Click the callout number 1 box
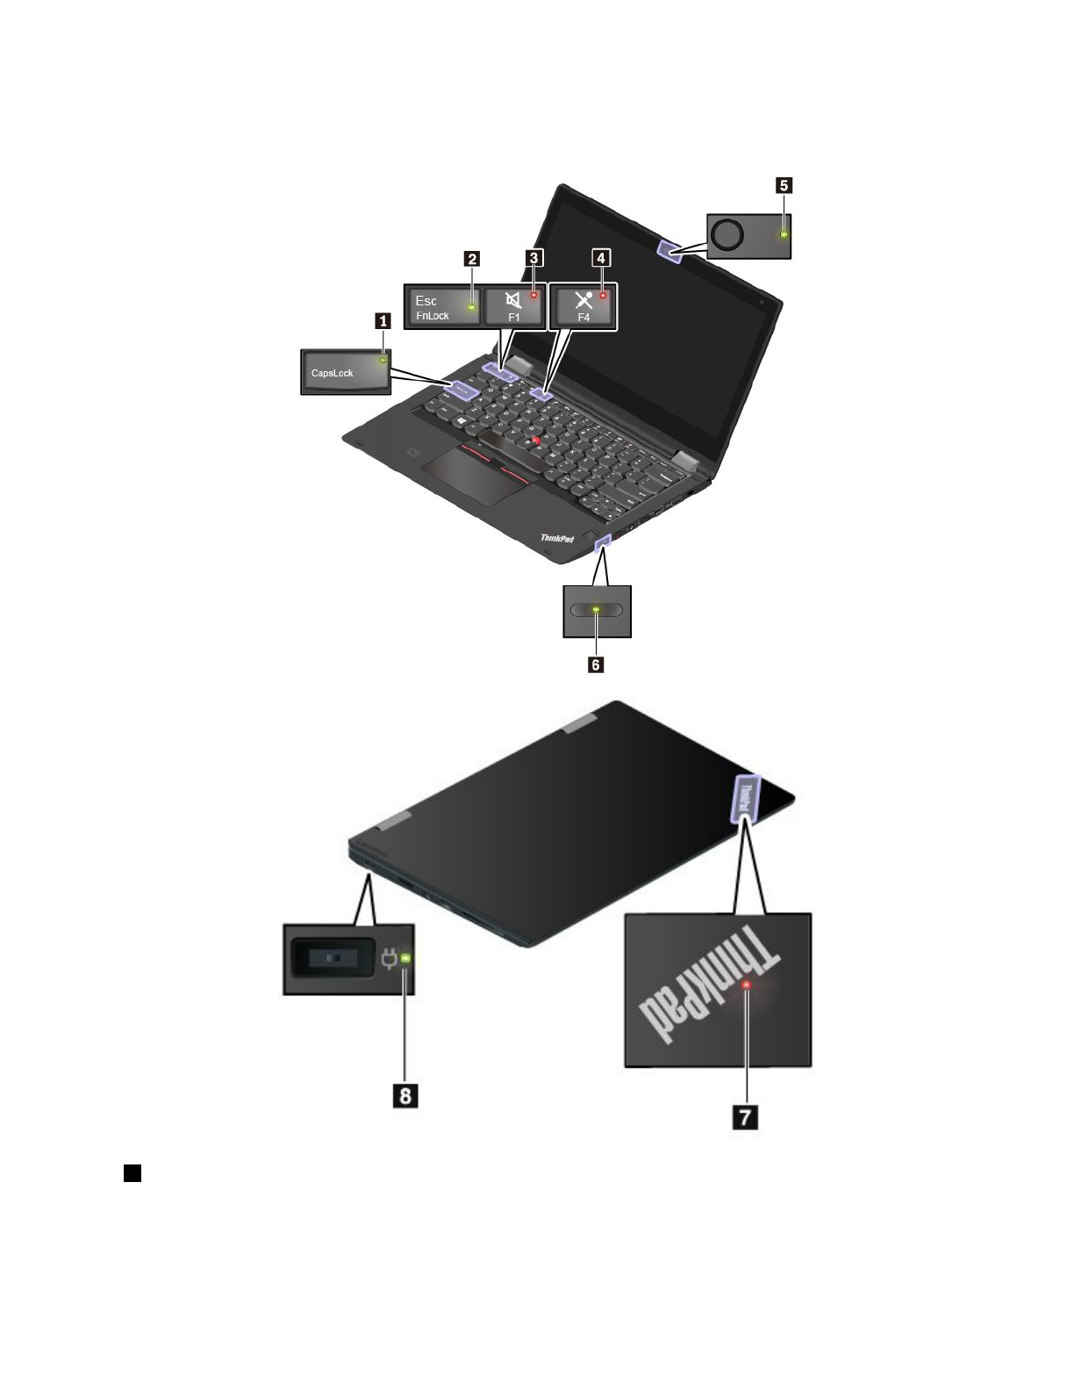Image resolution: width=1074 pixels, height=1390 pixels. [x=383, y=321]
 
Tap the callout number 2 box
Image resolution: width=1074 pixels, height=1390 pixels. [x=472, y=258]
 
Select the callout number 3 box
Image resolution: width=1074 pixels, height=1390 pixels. [x=533, y=258]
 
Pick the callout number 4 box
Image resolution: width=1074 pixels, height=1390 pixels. [x=601, y=258]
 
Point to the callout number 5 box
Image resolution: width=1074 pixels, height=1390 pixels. [x=784, y=185]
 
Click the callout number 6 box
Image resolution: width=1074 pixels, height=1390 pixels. [x=596, y=665]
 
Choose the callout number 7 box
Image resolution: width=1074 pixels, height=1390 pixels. [x=745, y=1117]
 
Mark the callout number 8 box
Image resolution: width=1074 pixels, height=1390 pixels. [x=405, y=1096]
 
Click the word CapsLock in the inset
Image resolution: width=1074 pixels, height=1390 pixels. [x=333, y=373]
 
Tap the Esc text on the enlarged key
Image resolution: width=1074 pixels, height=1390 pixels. [x=426, y=301]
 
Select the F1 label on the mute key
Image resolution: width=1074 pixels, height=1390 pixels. [x=514, y=317]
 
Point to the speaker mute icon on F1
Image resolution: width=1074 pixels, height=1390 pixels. [x=513, y=300]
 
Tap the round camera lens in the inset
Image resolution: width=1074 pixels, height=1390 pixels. [x=727, y=233]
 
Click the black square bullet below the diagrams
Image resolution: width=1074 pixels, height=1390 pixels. [x=132, y=1173]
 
